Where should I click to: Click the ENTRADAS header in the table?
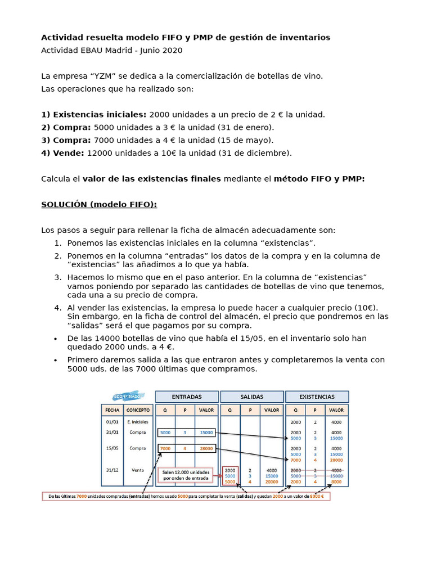[187, 397]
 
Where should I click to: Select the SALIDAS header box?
[251, 397]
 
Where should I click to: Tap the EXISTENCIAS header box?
[317, 397]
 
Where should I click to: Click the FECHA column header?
[112, 410]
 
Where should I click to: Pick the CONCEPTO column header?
[138, 410]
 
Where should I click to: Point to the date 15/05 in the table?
[112, 448]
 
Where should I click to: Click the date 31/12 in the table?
[112, 470]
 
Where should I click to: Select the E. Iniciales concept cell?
[138, 421]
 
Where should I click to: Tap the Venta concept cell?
[138, 470]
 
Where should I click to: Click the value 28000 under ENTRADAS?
[206, 448]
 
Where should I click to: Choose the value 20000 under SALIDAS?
[271, 481]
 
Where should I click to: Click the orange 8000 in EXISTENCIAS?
[336, 481]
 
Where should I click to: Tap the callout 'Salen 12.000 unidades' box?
[186, 475]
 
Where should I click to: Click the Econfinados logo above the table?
[128, 396]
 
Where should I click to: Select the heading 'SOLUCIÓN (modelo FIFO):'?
[99, 204]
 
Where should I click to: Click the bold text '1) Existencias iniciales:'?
[94, 115]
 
